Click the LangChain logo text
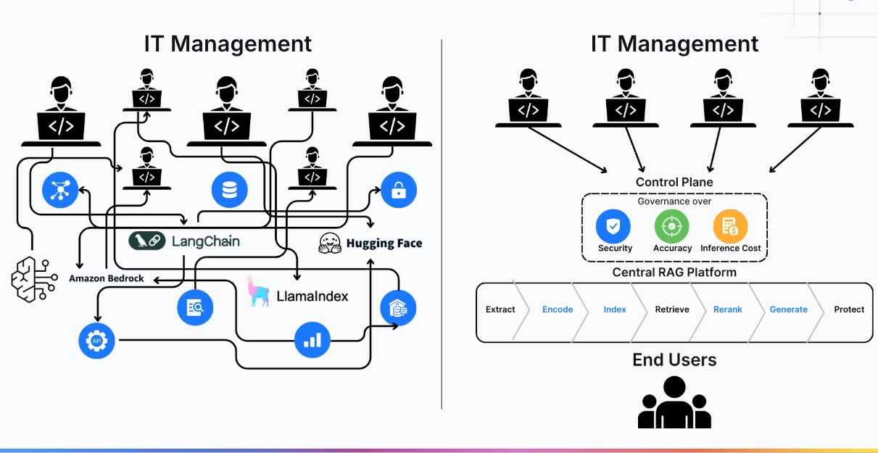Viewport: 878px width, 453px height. coord(205,241)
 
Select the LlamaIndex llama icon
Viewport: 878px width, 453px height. coord(257,291)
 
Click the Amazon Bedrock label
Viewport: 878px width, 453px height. coord(107,278)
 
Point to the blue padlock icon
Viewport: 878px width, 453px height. coord(399,191)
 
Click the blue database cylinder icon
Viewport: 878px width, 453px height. coord(230,191)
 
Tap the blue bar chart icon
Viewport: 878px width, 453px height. coord(312,339)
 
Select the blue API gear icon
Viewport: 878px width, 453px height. coord(96,341)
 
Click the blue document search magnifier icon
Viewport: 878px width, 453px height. coord(195,307)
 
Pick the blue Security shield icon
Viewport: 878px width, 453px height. coord(613,226)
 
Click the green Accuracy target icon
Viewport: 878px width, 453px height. coord(671,226)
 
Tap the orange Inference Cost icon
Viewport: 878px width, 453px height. coord(730,226)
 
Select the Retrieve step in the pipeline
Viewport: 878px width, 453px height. coord(672,309)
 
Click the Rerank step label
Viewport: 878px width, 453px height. coord(727,309)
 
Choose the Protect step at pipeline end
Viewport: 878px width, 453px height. coord(848,309)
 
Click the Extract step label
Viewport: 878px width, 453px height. coord(500,309)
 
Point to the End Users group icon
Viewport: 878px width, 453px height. coord(674,403)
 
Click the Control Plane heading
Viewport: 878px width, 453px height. coord(674,182)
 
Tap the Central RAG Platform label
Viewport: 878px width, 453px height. coord(674,273)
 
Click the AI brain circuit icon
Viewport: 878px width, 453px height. coord(33,277)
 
